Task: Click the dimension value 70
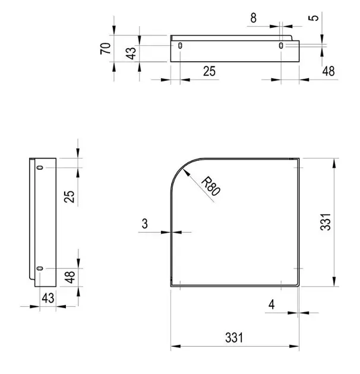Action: click(106, 48)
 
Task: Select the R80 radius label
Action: click(210, 186)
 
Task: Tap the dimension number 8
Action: click(254, 18)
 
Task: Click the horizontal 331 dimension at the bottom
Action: click(234, 338)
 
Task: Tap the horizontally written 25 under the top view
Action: click(209, 71)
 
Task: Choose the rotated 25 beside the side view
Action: click(70, 196)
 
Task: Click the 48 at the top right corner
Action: click(329, 71)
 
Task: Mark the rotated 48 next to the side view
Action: click(70, 277)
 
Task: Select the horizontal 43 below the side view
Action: click(48, 298)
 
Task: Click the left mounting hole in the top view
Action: click(180, 46)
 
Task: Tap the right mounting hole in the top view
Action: click(281, 46)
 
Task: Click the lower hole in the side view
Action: click(40, 269)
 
